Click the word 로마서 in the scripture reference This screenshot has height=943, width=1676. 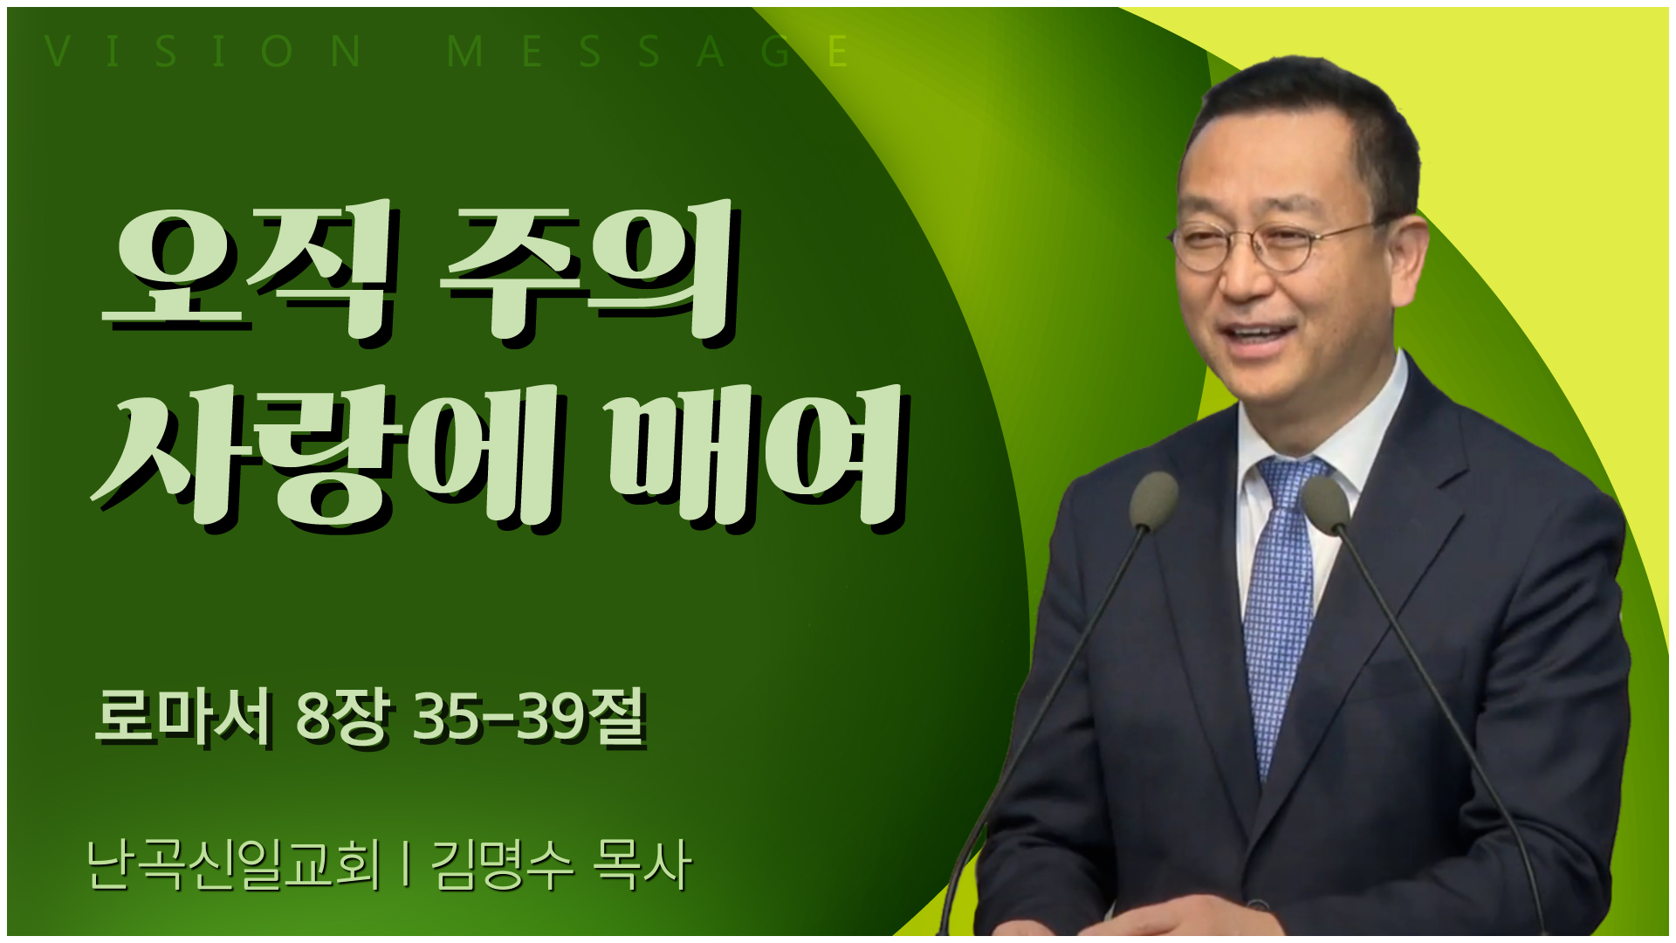click(182, 718)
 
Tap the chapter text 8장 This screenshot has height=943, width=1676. click(341, 718)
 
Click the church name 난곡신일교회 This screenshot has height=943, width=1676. click(234, 865)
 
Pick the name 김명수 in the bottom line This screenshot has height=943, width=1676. click(502, 865)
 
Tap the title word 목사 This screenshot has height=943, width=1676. click(642, 865)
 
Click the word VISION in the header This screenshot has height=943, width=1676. click(203, 52)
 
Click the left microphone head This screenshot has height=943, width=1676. click(1153, 500)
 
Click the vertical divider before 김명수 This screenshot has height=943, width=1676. click(406, 865)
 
